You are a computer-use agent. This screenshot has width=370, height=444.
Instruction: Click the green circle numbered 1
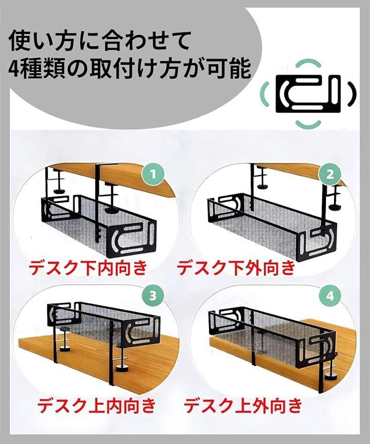tap(153, 174)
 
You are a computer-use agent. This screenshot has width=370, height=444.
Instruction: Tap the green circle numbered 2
tap(330, 174)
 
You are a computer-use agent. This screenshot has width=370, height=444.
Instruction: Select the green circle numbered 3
tap(153, 296)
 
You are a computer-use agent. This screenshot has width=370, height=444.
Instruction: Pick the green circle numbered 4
tap(330, 296)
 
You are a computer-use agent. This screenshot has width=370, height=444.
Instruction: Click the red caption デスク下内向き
tap(88, 267)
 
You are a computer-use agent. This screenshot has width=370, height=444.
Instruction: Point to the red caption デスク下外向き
tap(236, 267)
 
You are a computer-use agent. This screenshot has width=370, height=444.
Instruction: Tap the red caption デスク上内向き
tap(97, 405)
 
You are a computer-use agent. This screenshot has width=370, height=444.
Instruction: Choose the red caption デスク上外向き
tap(243, 405)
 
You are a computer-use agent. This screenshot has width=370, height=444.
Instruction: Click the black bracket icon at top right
tap(308, 94)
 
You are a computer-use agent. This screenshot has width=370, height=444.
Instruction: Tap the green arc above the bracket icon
tap(308, 63)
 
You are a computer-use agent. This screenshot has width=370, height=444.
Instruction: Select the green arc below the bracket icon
tap(308, 124)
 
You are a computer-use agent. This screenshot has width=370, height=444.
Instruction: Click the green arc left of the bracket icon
tap(265, 94)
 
